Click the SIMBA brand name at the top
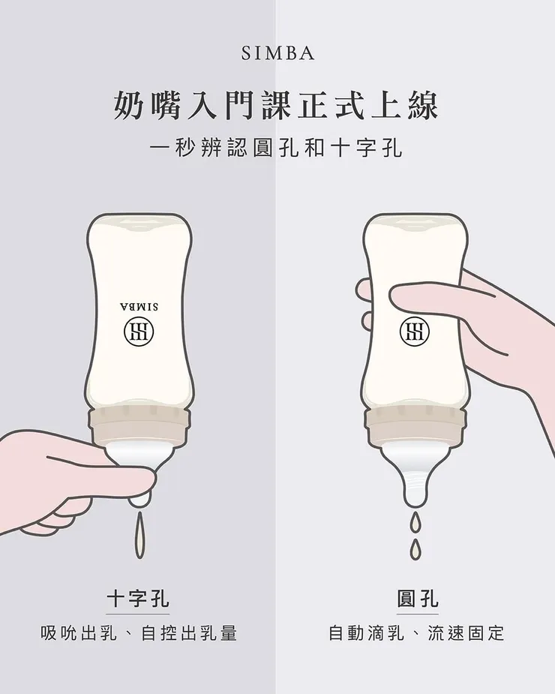point(277,54)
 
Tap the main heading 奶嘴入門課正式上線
point(277,106)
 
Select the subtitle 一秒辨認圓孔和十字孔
point(277,148)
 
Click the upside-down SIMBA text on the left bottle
point(139,306)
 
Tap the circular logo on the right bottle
point(415,331)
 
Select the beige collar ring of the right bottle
point(415,426)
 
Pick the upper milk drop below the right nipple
point(415,521)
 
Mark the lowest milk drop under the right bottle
point(415,550)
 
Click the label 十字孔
point(138,599)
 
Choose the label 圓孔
point(417,599)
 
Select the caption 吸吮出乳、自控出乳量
point(139,633)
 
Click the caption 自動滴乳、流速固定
point(417,633)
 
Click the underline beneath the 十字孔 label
point(138,614)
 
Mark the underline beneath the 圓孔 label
point(417,614)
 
